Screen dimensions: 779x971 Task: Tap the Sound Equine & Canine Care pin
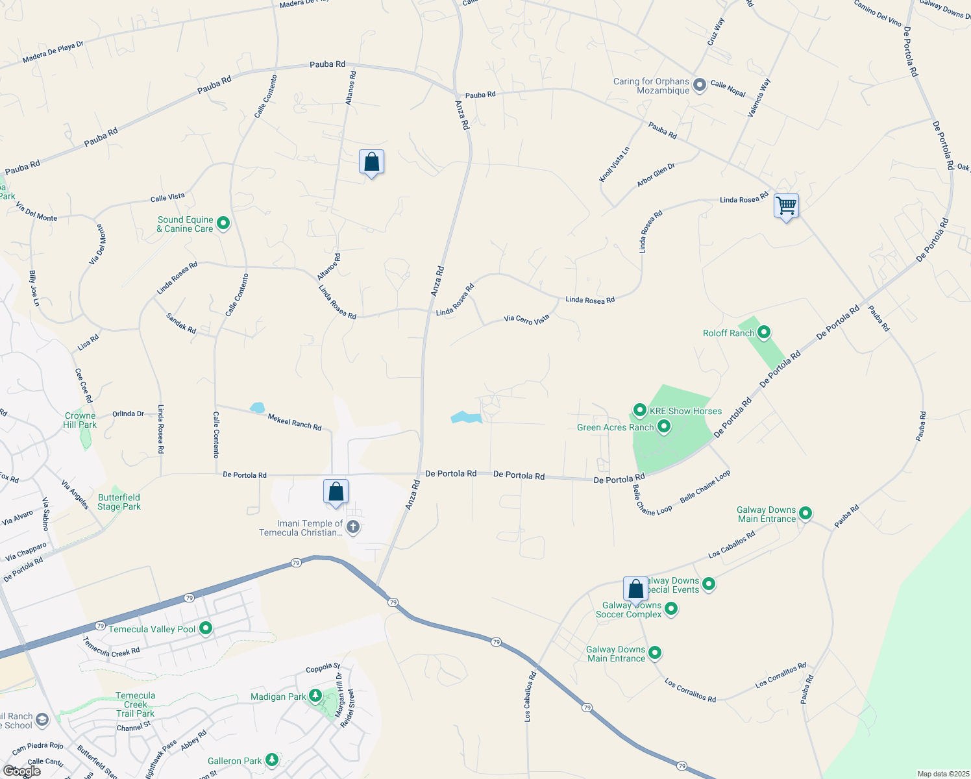(x=223, y=223)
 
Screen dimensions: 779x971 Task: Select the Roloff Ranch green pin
(x=764, y=333)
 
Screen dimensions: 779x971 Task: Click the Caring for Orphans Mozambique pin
(x=700, y=85)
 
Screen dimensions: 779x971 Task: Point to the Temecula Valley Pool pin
(x=206, y=628)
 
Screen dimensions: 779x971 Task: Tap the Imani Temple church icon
(x=353, y=526)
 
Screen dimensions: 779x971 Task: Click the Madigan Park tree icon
(x=315, y=696)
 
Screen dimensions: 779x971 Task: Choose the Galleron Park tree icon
(x=272, y=760)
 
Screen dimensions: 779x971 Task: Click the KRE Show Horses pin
(x=640, y=410)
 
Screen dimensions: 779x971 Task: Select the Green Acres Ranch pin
(x=664, y=427)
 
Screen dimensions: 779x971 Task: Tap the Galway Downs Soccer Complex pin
(x=671, y=609)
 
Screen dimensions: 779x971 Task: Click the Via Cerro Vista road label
(x=526, y=319)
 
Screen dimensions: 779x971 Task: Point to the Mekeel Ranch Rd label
(x=295, y=422)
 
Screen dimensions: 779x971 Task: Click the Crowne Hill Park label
(x=80, y=420)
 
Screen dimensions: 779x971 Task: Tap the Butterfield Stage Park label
(x=119, y=502)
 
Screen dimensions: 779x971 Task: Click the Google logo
(x=21, y=771)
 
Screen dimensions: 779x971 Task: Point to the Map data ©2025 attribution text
(x=942, y=774)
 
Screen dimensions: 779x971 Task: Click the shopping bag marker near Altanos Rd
(x=371, y=162)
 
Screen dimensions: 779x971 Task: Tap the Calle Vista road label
(x=167, y=197)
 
